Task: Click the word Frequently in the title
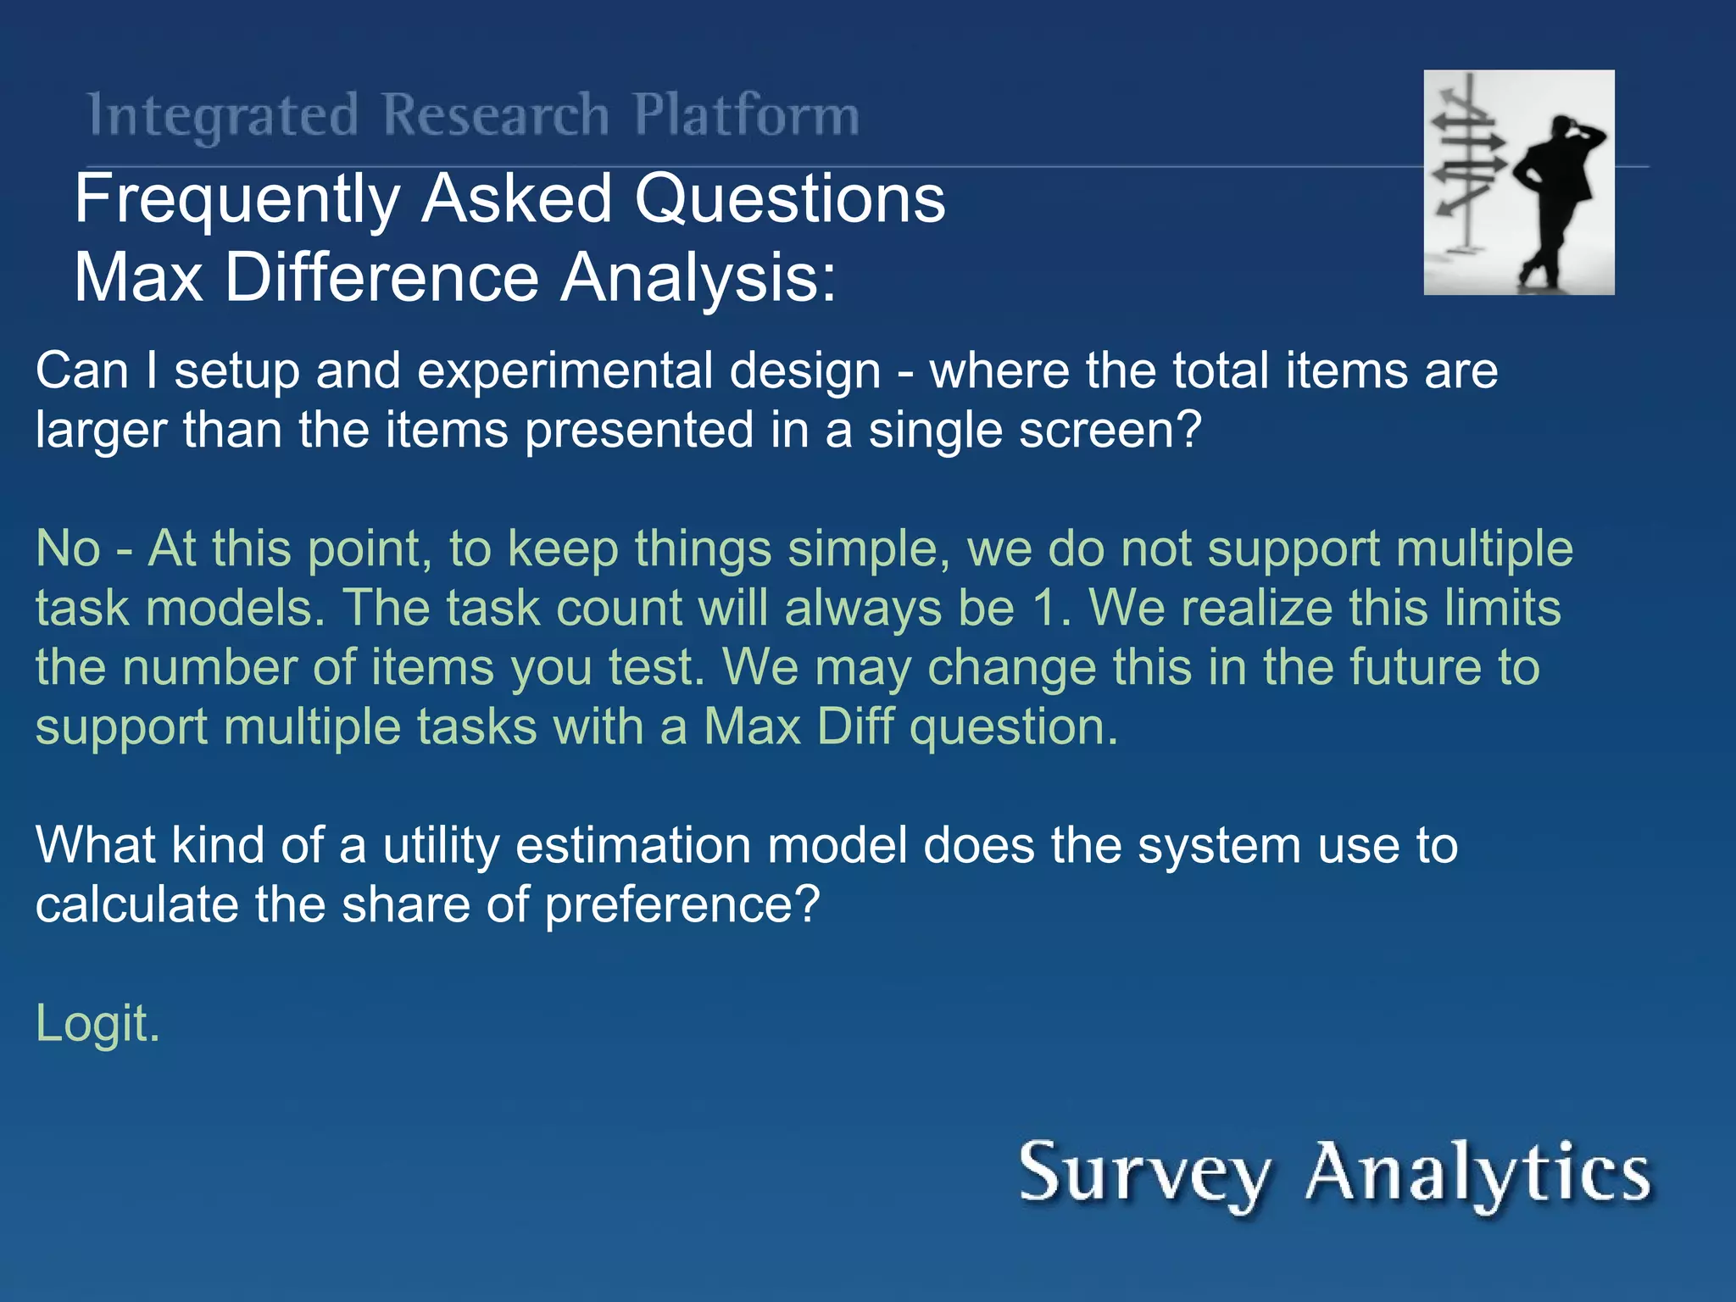tap(237, 200)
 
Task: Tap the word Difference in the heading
tap(381, 278)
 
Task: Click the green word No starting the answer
tap(68, 548)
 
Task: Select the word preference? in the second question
tap(682, 905)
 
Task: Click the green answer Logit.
tap(97, 1024)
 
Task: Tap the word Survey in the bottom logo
tap(1144, 1174)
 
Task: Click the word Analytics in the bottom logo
tap(1478, 1174)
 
